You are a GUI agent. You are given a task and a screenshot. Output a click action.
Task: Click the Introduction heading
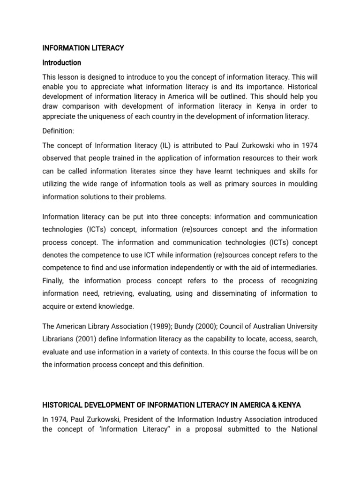[61, 62]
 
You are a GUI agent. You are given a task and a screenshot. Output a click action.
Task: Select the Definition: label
[58, 130]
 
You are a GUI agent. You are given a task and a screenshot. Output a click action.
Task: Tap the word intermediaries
[293, 267]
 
